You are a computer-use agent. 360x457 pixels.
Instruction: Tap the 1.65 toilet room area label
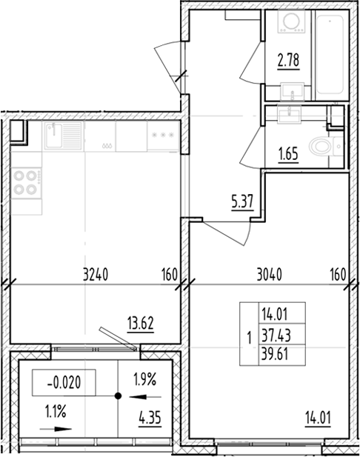click(x=288, y=156)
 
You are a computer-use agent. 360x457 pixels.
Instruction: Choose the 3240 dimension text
click(x=95, y=275)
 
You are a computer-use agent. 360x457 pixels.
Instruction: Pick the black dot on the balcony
click(x=117, y=396)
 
